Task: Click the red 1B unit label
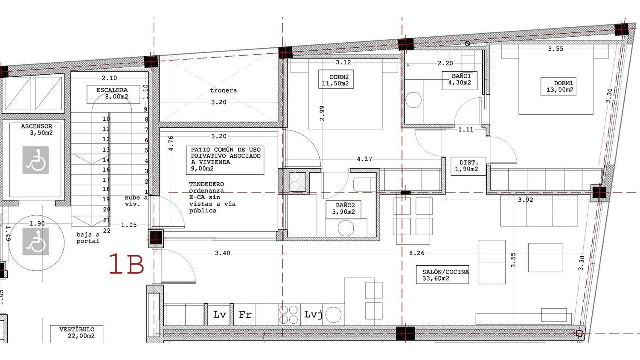127,264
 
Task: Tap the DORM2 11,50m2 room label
336,79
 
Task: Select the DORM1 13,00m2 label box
558,86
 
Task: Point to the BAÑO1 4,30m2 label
460,81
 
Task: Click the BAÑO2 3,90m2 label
343,209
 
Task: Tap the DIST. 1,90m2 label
468,166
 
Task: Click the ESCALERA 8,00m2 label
113,94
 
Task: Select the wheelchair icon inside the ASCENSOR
35,160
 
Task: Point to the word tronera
224,90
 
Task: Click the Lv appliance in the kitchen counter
219,314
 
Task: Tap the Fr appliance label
245,314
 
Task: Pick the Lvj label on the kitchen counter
313,314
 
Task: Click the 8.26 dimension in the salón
417,253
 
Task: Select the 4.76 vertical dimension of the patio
171,143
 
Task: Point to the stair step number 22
107,231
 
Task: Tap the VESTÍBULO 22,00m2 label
76,333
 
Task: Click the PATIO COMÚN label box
225,160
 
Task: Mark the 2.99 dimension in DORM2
322,113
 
